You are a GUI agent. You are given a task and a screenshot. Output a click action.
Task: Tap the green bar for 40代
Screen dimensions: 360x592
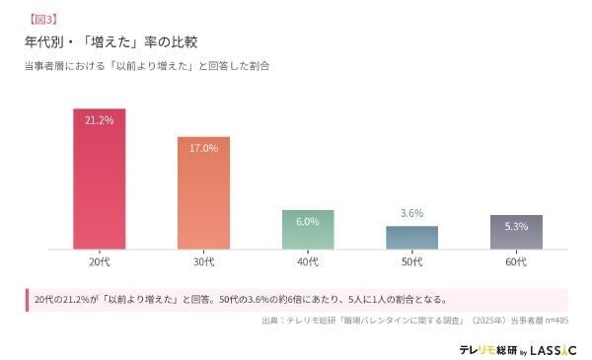pyautogui.click(x=308, y=229)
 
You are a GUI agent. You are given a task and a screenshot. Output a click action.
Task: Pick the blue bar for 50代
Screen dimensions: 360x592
pyautogui.click(x=411, y=237)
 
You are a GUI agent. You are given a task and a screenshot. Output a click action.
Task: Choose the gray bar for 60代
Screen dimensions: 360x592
pyautogui.click(x=516, y=232)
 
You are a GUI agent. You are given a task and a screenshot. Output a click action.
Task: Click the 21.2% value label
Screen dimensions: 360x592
pyautogui.click(x=99, y=120)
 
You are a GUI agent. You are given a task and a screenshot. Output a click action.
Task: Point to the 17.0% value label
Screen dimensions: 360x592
pyautogui.click(x=203, y=148)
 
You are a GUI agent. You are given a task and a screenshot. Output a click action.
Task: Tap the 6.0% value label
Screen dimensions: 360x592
pyautogui.click(x=308, y=222)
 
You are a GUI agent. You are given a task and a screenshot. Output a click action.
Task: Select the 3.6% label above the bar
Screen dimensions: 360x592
pyautogui.click(x=411, y=213)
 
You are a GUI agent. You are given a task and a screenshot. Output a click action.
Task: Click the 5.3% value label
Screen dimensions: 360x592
pyautogui.click(x=516, y=226)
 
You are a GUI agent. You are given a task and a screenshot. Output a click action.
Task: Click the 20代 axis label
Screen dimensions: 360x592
pyautogui.click(x=99, y=262)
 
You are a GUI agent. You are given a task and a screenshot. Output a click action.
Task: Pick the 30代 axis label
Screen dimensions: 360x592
pyautogui.click(x=203, y=262)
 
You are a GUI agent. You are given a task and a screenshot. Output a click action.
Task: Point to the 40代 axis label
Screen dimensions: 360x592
pyautogui.click(x=308, y=262)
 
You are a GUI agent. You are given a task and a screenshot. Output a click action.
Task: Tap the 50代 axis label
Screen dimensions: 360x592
pyautogui.click(x=411, y=262)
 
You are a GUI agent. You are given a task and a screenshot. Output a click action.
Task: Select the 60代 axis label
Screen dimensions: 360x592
pyautogui.click(x=516, y=262)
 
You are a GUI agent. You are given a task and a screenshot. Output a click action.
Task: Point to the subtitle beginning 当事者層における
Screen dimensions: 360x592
pyautogui.click(x=147, y=66)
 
